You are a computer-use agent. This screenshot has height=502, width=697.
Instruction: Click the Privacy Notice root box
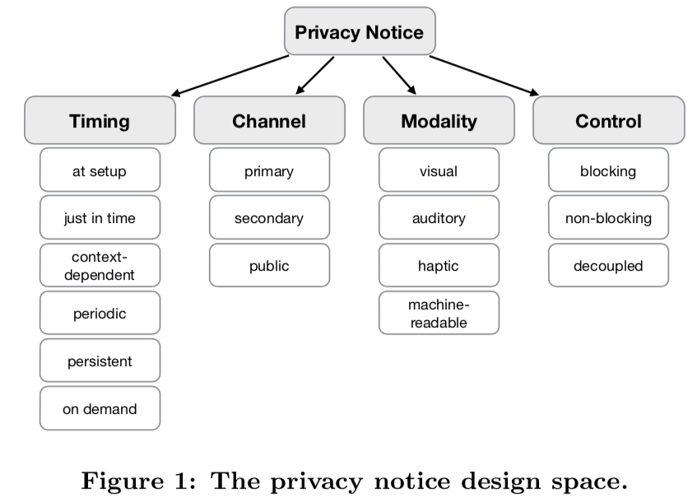359,33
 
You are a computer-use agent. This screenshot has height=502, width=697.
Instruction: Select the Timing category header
100,121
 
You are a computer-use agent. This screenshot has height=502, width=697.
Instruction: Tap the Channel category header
269,121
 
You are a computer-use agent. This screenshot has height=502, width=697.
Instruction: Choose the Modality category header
439,121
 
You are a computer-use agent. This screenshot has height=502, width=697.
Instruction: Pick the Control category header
608,121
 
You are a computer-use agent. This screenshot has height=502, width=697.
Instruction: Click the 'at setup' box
100,171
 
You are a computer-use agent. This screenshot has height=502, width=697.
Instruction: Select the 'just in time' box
100,218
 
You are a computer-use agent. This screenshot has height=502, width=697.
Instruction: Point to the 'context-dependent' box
100,265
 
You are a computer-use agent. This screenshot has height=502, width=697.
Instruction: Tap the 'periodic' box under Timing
100,314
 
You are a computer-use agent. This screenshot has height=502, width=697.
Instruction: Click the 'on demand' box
100,408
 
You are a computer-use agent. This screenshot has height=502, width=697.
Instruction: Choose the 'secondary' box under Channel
269,218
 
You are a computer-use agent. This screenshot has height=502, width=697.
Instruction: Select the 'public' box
269,266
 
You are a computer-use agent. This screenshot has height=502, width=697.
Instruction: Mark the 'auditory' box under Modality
439,218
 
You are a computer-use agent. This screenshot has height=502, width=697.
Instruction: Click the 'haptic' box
439,266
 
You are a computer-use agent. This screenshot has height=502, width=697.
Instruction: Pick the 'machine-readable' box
439,313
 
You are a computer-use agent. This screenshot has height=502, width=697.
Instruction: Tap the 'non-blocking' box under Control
608,218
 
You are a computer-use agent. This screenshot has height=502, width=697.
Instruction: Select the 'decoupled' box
608,266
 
